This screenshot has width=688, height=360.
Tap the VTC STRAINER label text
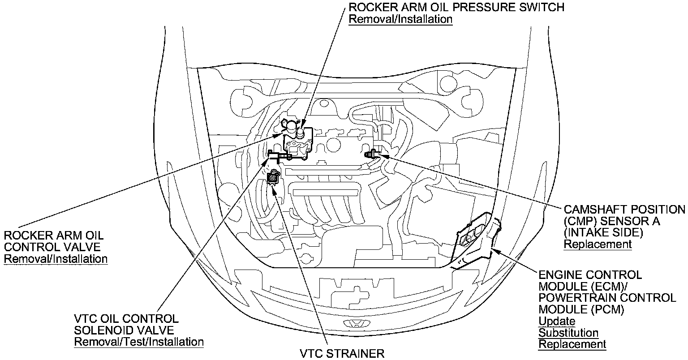click(342, 354)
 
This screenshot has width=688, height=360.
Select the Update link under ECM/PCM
click(557, 321)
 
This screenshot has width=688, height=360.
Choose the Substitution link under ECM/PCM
click(568, 333)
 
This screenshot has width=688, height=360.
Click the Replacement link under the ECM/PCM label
click(572, 344)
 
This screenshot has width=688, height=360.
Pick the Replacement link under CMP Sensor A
click(598, 244)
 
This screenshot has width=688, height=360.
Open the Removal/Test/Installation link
click(139, 342)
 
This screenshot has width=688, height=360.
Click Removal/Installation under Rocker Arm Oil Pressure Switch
click(400, 19)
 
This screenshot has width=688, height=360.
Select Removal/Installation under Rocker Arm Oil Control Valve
click(56, 259)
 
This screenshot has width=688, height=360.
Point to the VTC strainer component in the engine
click(272, 179)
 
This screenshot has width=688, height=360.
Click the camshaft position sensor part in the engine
click(371, 154)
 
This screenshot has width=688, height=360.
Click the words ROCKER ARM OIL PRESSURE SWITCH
click(456, 8)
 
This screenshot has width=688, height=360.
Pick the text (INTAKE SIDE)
click(603, 232)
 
